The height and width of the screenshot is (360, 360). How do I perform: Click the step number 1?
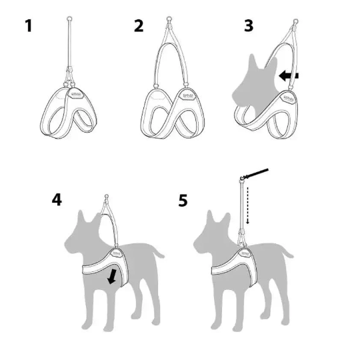[x=28, y=26]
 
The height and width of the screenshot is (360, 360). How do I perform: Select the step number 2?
[x=138, y=26]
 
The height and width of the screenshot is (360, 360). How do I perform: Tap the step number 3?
[x=248, y=26]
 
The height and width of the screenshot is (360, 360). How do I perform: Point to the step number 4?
[x=58, y=199]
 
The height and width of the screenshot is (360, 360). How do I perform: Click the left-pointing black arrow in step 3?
[x=288, y=77]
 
